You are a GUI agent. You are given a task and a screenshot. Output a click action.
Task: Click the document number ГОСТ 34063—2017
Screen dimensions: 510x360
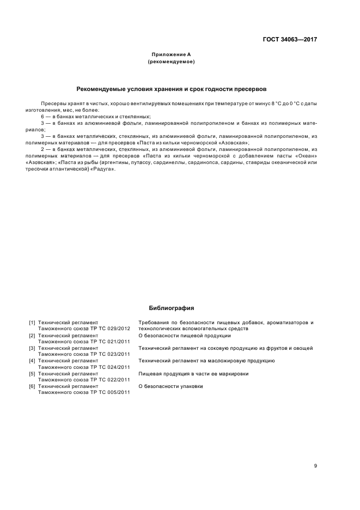(290, 39)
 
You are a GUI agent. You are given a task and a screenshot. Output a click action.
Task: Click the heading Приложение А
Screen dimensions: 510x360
(171, 54)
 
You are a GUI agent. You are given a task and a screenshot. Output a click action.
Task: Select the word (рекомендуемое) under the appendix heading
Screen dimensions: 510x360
(171, 62)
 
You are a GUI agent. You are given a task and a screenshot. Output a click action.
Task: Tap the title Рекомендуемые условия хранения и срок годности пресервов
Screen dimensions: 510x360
(171, 88)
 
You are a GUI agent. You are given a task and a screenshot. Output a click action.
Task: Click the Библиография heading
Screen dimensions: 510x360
(171, 308)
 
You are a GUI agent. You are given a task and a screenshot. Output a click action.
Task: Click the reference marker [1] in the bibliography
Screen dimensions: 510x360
(32, 323)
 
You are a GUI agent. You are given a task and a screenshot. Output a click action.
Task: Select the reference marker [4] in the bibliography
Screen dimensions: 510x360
(32, 361)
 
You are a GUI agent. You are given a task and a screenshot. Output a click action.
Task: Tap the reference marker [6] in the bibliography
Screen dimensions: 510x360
(32, 386)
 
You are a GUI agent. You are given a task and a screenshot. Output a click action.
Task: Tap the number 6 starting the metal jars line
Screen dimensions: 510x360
(42, 117)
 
